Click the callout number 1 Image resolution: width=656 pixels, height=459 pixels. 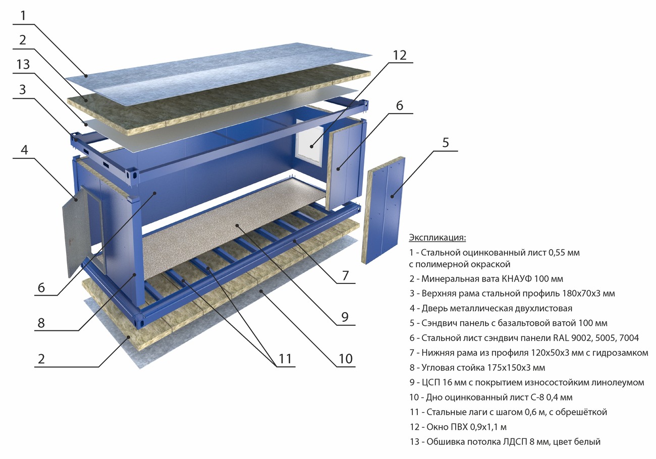pos(22,16)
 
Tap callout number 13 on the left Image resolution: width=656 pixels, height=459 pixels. pos(22,65)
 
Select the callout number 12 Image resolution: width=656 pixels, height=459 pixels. pos(400,55)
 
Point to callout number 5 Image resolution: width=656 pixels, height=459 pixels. pos(445,143)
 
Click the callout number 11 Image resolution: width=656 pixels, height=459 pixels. pos(285,359)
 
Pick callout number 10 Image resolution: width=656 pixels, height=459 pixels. pos(345,359)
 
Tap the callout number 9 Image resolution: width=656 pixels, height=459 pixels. pos(345,317)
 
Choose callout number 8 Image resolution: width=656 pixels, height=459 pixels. pos(41,323)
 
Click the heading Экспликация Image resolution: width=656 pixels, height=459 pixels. pos(437,238)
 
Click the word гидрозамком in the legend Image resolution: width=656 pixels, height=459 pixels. pos(622,353)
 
